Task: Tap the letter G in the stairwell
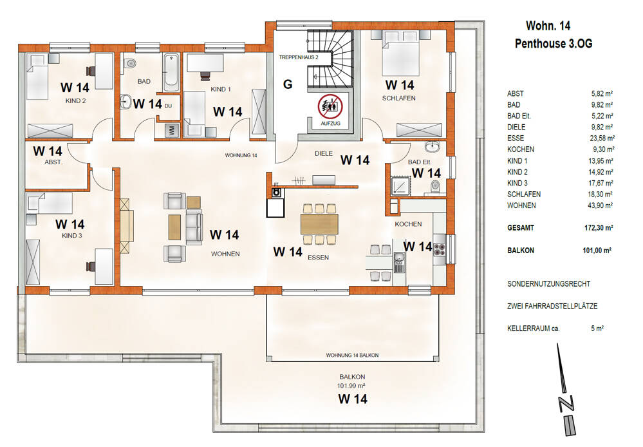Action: pos(288,84)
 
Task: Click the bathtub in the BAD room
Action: pos(171,73)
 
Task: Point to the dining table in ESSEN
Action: pos(319,223)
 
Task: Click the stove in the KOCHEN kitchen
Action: pos(440,248)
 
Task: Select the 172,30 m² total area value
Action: pos(599,228)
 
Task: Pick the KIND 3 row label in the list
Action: pos(517,183)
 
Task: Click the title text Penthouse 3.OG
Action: pos(553,44)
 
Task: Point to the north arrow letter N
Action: pos(566,403)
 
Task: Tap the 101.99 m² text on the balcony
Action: pos(351,386)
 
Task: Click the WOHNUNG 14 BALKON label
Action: pos(352,356)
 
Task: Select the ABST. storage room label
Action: pos(53,163)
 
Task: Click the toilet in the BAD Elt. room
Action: pos(435,185)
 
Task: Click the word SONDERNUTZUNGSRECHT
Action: pos(548,283)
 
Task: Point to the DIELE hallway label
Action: pos(322,154)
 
